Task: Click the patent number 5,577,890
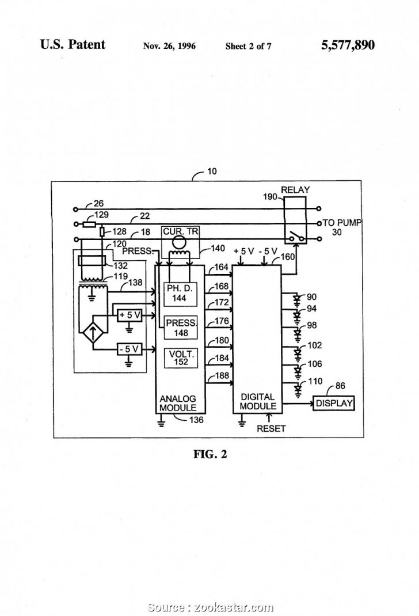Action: pyautogui.click(x=348, y=45)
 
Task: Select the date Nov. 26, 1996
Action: pyautogui.click(x=169, y=46)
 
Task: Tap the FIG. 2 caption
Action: pyautogui.click(x=209, y=454)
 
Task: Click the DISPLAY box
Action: pyautogui.click(x=333, y=404)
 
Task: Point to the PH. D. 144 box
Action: pyautogui.click(x=180, y=292)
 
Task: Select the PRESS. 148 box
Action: pyautogui.click(x=180, y=328)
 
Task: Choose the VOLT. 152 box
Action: pyautogui.click(x=180, y=358)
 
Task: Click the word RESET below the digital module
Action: pyautogui.click(x=271, y=428)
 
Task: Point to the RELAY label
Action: pyautogui.click(x=295, y=189)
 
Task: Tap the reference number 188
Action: pyautogui.click(x=221, y=376)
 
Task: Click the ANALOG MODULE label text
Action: pyautogui.click(x=177, y=403)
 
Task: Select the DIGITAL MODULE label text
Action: pyautogui.click(x=257, y=401)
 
